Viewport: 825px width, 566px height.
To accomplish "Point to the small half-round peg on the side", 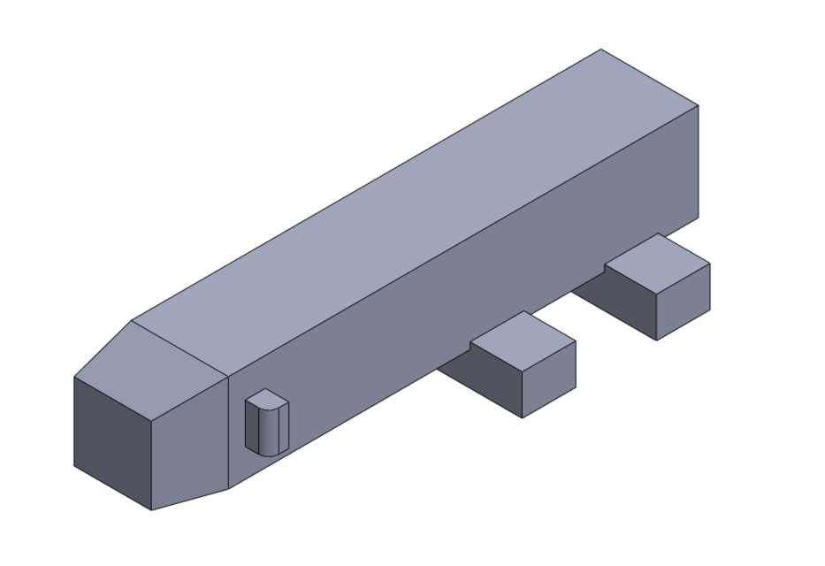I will click(x=266, y=422).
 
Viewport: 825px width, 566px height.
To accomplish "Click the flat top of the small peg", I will click(x=266, y=399).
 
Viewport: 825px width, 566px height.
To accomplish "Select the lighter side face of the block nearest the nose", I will click(x=549, y=379).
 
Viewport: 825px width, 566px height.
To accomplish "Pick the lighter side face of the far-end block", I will click(x=684, y=301).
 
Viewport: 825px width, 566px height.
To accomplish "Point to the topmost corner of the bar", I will click(x=601, y=50).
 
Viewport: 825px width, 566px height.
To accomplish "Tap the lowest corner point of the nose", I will click(x=151, y=510).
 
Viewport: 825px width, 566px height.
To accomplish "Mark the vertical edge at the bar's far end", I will click(x=698, y=164).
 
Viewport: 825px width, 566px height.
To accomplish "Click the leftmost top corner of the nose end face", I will click(x=74, y=378).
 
